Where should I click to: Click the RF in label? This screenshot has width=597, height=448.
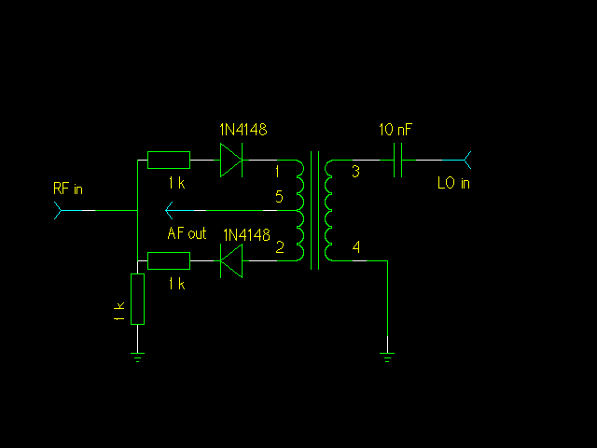click(x=68, y=189)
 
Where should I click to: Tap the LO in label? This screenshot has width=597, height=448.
click(x=453, y=183)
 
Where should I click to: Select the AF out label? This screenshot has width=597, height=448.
click(x=187, y=233)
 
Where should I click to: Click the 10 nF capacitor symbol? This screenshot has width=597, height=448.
click(x=399, y=160)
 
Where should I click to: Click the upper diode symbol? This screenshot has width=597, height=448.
click(x=231, y=160)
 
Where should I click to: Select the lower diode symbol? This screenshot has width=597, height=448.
click(x=230, y=261)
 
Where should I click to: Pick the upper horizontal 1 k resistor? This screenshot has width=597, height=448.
click(x=169, y=160)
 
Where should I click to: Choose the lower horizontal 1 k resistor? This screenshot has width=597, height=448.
click(x=169, y=261)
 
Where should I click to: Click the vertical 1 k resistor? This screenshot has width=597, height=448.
click(x=137, y=299)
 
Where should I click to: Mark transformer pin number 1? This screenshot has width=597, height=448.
click(x=277, y=172)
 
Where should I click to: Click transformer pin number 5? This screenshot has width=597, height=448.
click(x=279, y=196)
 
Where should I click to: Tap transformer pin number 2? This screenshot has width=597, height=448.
click(x=279, y=247)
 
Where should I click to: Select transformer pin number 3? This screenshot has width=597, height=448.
click(x=354, y=172)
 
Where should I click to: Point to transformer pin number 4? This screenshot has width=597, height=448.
click(x=354, y=247)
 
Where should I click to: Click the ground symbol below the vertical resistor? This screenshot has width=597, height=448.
click(x=137, y=357)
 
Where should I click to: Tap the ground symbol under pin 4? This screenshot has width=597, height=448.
click(x=388, y=355)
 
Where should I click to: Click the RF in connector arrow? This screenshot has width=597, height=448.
click(x=60, y=211)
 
